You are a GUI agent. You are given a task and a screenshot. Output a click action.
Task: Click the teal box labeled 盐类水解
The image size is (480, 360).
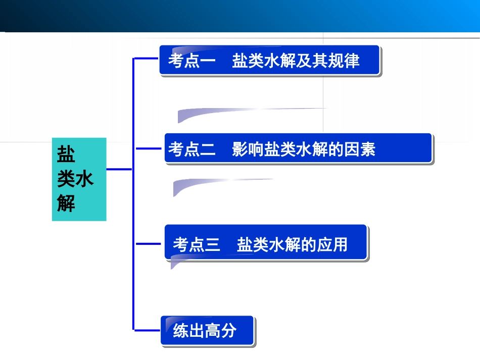coord(79,179)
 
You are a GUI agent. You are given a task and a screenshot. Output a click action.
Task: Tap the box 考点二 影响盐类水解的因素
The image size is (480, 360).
coord(298,148)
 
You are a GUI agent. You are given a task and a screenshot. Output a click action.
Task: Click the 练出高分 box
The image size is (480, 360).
coord(207,331)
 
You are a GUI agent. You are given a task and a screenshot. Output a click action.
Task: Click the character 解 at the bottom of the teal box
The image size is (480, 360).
coord(66,204)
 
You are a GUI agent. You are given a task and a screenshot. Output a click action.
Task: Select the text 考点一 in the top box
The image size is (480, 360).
coord(192,61)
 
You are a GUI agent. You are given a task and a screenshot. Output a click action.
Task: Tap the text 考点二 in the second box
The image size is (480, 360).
coord(192,149)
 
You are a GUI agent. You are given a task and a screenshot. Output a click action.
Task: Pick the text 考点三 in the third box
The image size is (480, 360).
coord(197,245)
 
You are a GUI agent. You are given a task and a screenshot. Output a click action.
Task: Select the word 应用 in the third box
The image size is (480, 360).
coord(332,245)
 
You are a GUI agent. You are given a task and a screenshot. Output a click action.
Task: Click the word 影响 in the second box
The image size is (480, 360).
coord(248,149)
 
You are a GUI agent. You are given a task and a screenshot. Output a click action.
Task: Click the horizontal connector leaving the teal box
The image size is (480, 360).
coord(119,170)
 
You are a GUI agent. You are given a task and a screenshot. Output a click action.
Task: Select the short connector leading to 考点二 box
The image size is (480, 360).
coord(148,149)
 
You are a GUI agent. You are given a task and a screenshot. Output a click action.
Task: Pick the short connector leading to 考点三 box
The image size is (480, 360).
coord(148,244)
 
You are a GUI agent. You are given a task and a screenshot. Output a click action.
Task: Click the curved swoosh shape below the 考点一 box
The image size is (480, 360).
coord(227,113)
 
